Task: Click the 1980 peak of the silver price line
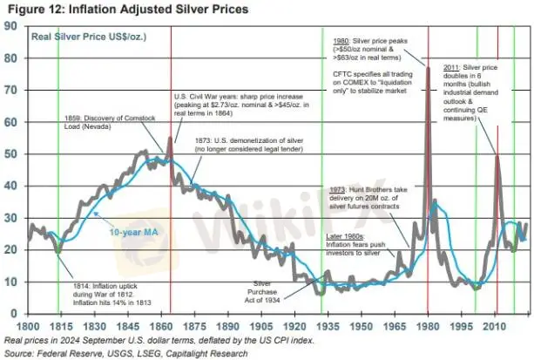[428, 68]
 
